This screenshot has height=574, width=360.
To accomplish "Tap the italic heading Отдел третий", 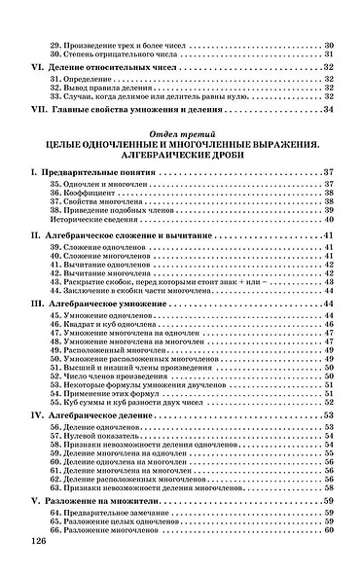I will pyautogui.click(x=180, y=133).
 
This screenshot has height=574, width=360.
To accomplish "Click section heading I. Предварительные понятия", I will pyautogui.click(x=94, y=172).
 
